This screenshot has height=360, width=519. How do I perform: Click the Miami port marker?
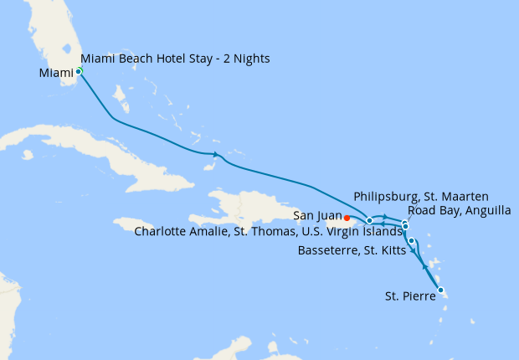coord(79,71)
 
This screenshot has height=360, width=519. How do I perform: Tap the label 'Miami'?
coord(56,73)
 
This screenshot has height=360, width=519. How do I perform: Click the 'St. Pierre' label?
coord(409,296)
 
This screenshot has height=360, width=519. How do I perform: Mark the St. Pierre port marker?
coord(440,291)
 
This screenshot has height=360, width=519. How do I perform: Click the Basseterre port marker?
coord(411,241)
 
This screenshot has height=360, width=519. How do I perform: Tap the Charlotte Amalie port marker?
coord(369,220)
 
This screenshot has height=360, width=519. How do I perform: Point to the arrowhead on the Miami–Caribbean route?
coord(217,154)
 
